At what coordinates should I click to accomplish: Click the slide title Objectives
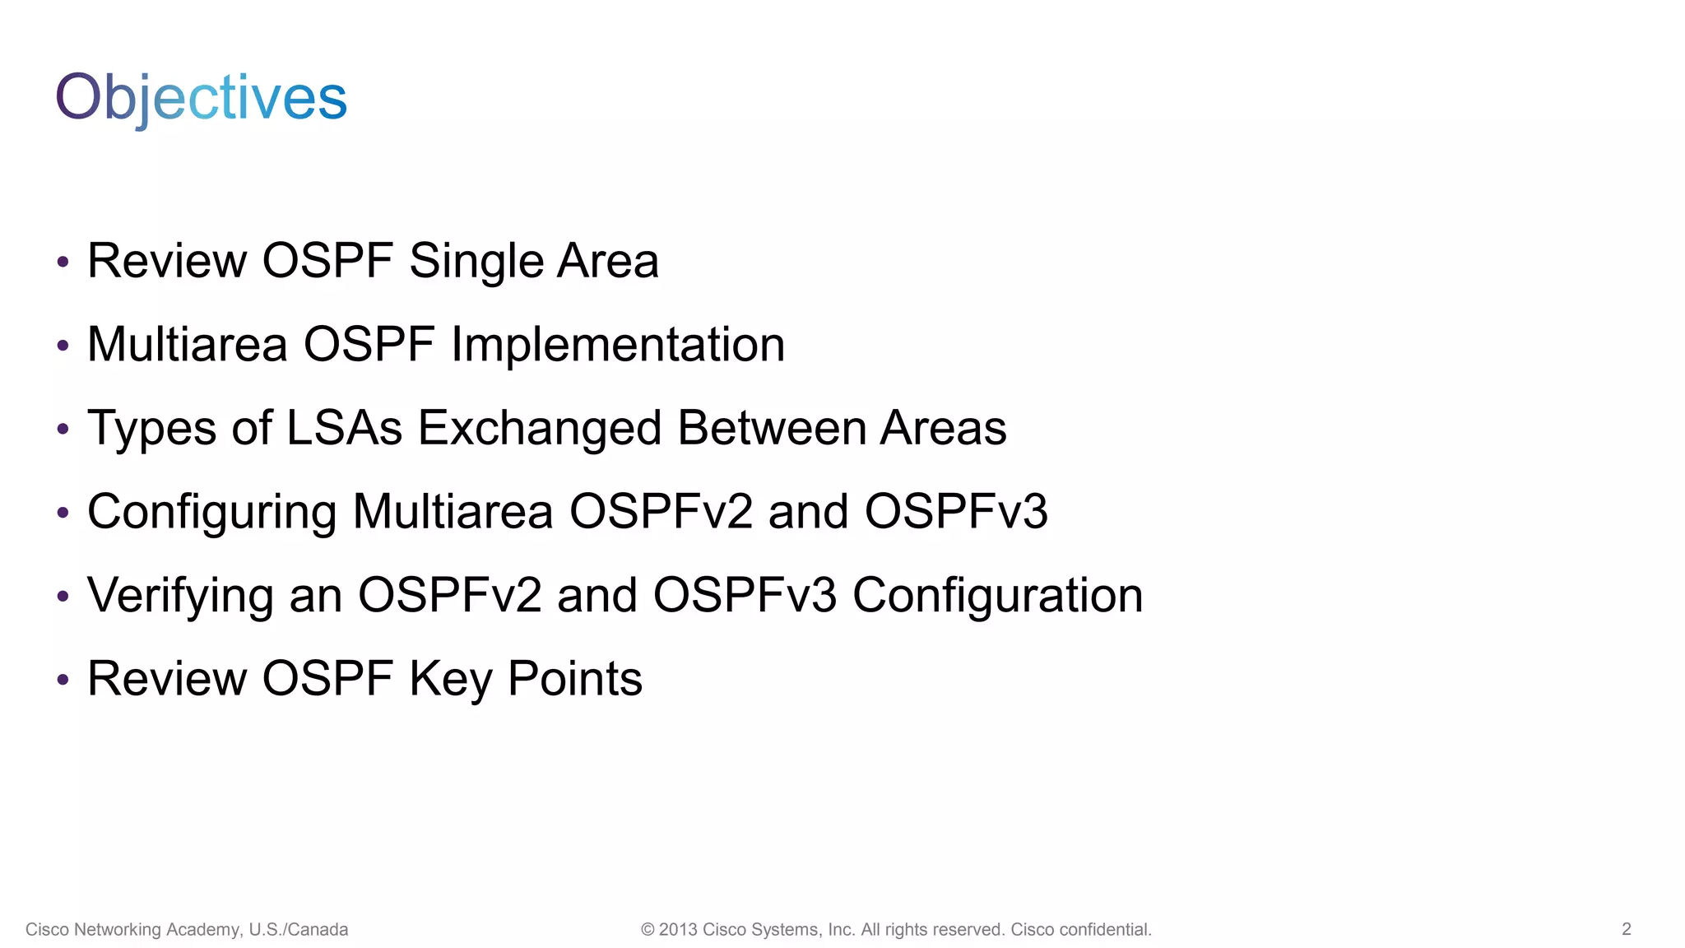tap(201, 97)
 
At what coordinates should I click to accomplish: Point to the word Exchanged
tap(539, 428)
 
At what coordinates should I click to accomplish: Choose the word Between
tap(773, 428)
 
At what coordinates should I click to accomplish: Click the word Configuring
tap(211, 512)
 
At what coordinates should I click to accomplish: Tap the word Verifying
tap(180, 596)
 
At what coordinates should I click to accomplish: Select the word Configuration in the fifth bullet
tap(997, 595)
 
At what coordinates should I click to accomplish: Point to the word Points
tap(574, 679)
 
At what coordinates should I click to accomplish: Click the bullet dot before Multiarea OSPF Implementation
tap(63, 346)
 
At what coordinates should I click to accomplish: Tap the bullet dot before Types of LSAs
tap(63, 430)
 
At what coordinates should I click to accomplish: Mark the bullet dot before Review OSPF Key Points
tap(63, 680)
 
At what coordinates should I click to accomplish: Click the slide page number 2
tap(1626, 929)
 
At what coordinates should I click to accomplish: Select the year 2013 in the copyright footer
tap(677, 930)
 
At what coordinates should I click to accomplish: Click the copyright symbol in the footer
tap(648, 930)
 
